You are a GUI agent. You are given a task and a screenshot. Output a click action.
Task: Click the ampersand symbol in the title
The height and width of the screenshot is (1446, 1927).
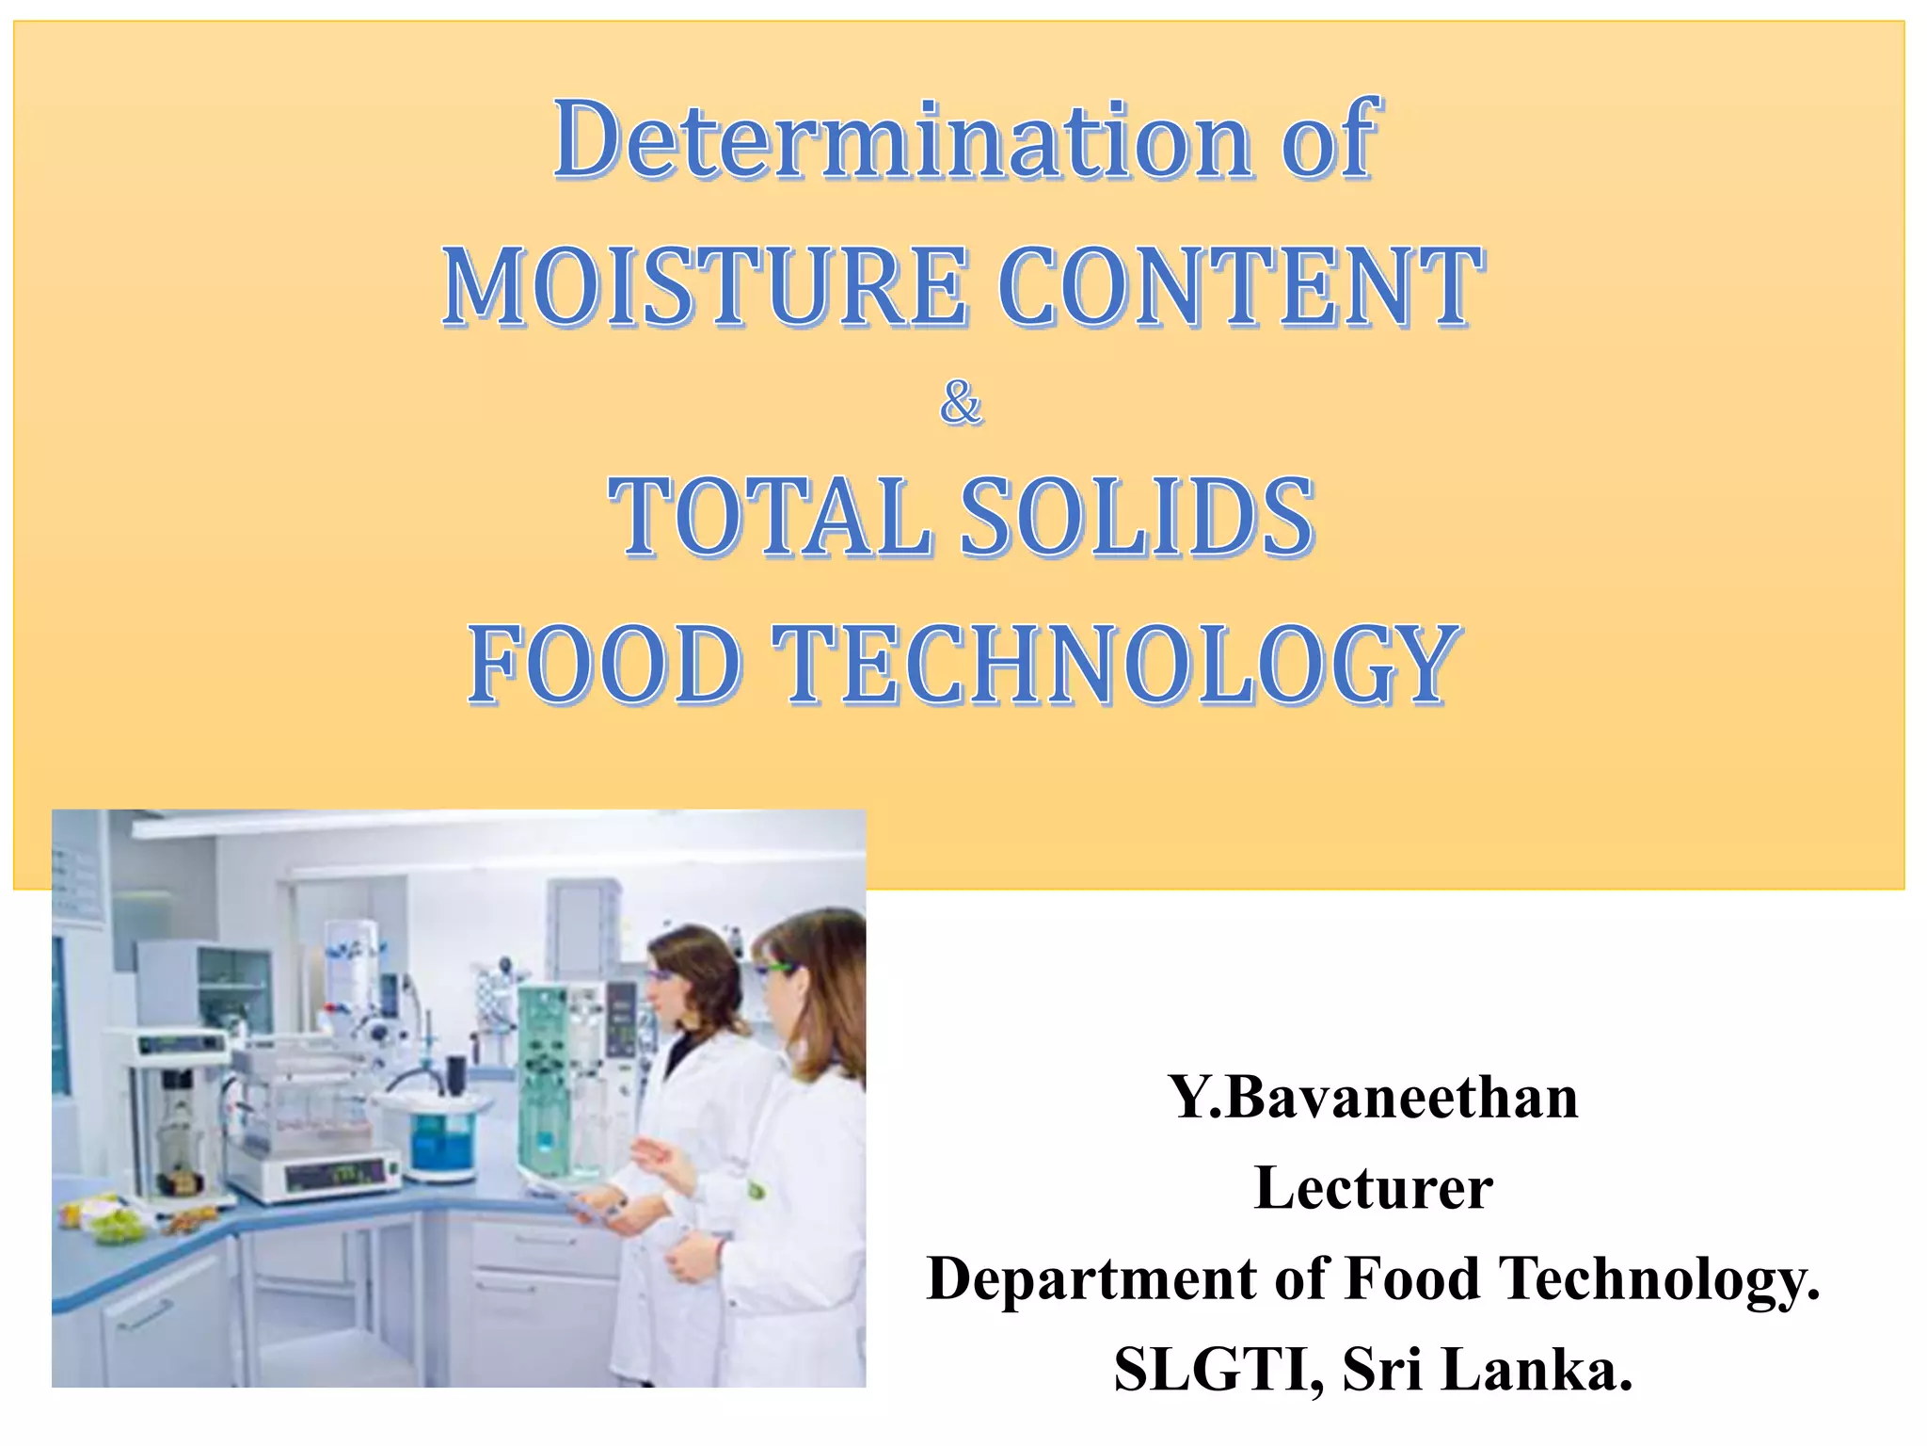coord(961,404)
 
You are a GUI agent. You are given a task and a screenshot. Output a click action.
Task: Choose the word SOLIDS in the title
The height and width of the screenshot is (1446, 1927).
coord(1136,517)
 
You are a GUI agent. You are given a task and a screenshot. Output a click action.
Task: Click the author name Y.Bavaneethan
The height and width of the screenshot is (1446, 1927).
coord(1373,1098)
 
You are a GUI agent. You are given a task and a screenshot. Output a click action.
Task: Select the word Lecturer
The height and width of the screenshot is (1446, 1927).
coord(1373,1188)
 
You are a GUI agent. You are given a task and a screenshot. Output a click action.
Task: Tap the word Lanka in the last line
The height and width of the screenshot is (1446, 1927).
coord(1536,1370)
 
